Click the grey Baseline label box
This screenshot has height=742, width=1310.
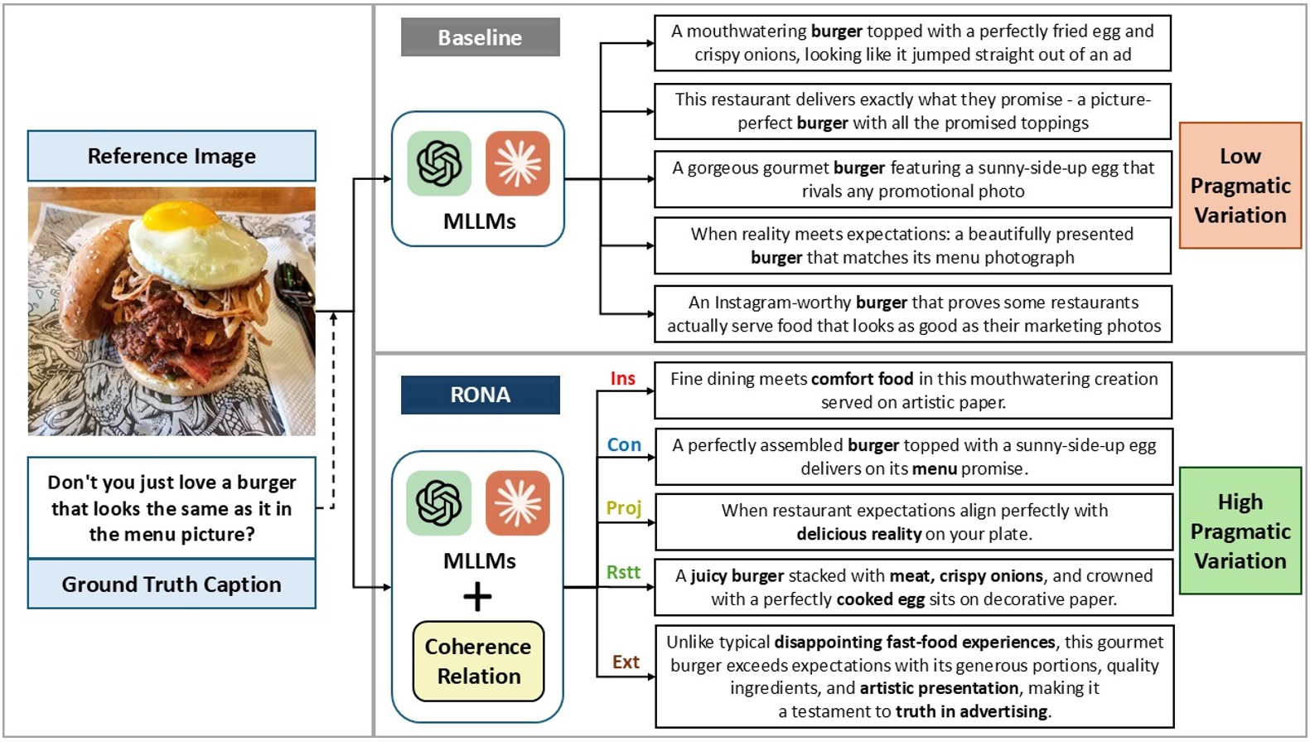click(x=480, y=37)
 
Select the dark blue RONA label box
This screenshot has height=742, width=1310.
click(x=480, y=395)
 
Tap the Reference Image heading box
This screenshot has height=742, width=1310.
click(x=172, y=156)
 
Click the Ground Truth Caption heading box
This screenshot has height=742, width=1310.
click(x=172, y=584)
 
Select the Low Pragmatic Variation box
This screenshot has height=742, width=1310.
click(x=1240, y=186)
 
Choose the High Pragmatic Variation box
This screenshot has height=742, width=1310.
click(x=1240, y=531)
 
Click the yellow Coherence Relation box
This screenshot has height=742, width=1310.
click(x=478, y=662)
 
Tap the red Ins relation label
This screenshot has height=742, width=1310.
click(x=622, y=379)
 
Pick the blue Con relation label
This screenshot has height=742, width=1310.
click(x=624, y=445)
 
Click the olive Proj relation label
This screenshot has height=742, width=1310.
click(x=623, y=507)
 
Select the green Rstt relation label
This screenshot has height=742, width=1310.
click(x=623, y=573)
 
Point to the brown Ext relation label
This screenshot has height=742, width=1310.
click(x=626, y=662)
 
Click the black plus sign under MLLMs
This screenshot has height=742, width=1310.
click(x=477, y=597)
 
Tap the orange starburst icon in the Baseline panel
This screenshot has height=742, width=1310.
click(x=518, y=163)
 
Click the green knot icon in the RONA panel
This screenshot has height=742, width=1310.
click(x=438, y=503)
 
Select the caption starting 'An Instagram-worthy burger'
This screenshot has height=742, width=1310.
click(x=912, y=314)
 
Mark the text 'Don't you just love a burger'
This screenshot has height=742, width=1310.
click(x=172, y=483)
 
